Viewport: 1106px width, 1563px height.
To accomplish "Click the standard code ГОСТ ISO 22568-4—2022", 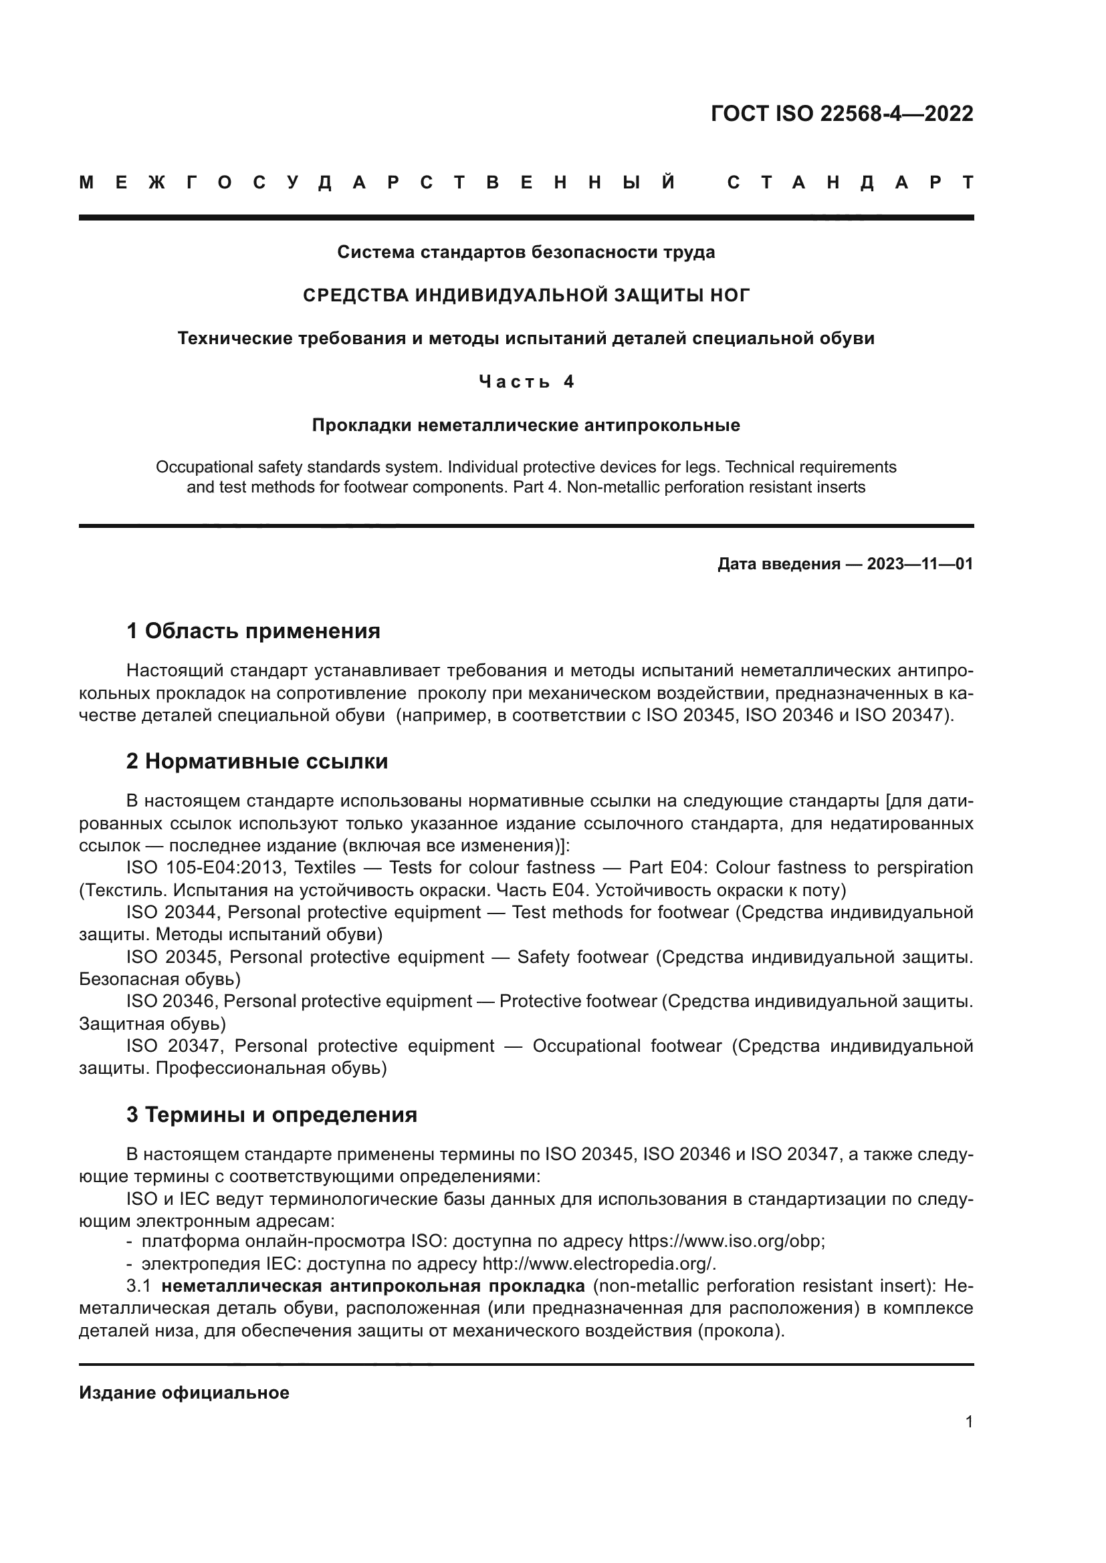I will coord(842,114).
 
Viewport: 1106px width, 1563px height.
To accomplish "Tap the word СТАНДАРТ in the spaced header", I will coord(850,182).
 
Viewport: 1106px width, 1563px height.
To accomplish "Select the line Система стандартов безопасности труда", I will coord(526,253).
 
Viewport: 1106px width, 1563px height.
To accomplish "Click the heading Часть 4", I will coord(526,382).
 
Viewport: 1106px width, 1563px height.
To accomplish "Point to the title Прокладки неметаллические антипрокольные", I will coord(526,426).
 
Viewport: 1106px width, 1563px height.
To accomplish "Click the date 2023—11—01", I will coord(920,564).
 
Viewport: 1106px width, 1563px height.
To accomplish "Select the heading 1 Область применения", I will coord(253,631).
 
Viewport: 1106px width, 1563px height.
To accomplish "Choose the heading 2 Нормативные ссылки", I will coord(257,761).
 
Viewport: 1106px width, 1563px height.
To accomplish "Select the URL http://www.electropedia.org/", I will coord(598,1264).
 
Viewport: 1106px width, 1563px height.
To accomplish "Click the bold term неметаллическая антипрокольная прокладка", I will coord(373,1286).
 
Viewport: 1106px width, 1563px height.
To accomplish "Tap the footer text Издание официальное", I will coord(184,1393).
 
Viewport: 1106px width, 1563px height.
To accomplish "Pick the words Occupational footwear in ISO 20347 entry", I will coord(627,1046).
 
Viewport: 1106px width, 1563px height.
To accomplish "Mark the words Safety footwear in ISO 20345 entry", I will coord(582,957).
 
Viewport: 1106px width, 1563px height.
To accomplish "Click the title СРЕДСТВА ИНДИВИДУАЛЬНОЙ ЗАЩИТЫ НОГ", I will coord(526,295).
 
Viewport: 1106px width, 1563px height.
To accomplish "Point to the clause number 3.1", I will coord(138,1286).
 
